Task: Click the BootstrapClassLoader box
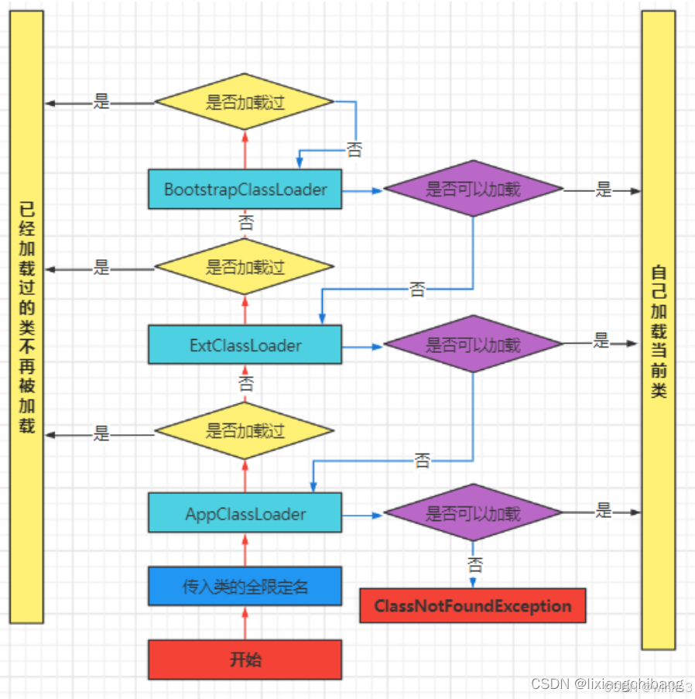(245, 189)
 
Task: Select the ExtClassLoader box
(245, 344)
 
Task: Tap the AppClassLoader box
(245, 514)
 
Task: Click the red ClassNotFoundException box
(472, 606)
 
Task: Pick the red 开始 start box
(245, 660)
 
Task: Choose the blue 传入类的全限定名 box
(245, 586)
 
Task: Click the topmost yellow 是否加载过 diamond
(245, 102)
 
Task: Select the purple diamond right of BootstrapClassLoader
(473, 189)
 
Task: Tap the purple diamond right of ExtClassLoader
(473, 344)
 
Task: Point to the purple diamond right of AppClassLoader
(473, 513)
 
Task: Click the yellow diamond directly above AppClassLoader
(245, 431)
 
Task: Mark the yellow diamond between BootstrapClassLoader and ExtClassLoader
(245, 267)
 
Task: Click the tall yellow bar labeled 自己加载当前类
(659, 329)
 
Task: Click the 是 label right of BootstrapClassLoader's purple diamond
(603, 189)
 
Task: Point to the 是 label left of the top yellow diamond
(101, 101)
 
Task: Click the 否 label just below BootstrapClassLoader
(245, 223)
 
